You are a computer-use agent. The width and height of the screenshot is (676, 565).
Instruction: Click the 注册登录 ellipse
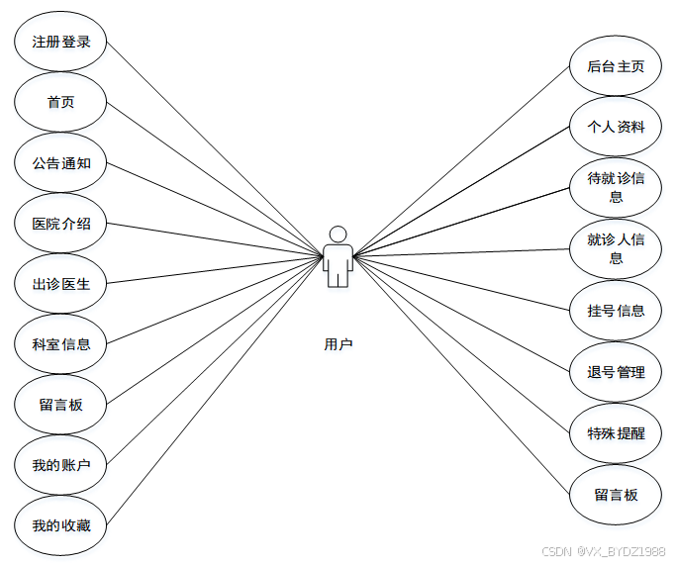click(60, 43)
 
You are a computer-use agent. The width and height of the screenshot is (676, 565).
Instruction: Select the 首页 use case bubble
click(60, 103)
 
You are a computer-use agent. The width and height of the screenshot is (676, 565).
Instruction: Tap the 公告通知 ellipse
click(60, 163)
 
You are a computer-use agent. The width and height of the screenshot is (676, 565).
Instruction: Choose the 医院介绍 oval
click(60, 224)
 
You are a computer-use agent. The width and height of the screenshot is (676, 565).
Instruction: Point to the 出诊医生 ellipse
click(60, 284)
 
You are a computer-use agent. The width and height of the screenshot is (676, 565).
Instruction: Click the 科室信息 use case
click(60, 344)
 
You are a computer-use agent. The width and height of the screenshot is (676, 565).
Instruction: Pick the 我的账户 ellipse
click(60, 465)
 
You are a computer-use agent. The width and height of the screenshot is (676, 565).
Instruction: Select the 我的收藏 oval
click(60, 525)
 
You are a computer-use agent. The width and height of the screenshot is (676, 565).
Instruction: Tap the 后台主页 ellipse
click(616, 67)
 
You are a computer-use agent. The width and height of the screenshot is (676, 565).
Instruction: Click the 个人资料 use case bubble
click(616, 128)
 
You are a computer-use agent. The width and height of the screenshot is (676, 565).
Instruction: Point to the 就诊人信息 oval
click(616, 248)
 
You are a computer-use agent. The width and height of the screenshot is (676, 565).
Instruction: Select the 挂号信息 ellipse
click(616, 311)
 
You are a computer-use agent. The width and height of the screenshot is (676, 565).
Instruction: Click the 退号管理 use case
click(616, 372)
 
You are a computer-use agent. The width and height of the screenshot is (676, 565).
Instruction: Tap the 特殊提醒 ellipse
click(616, 433)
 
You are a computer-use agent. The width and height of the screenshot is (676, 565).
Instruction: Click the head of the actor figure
click(338, 235)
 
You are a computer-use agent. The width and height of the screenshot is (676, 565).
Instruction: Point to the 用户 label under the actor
click(338, 344)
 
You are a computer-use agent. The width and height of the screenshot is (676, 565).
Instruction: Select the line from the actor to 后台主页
click(465, 158)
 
